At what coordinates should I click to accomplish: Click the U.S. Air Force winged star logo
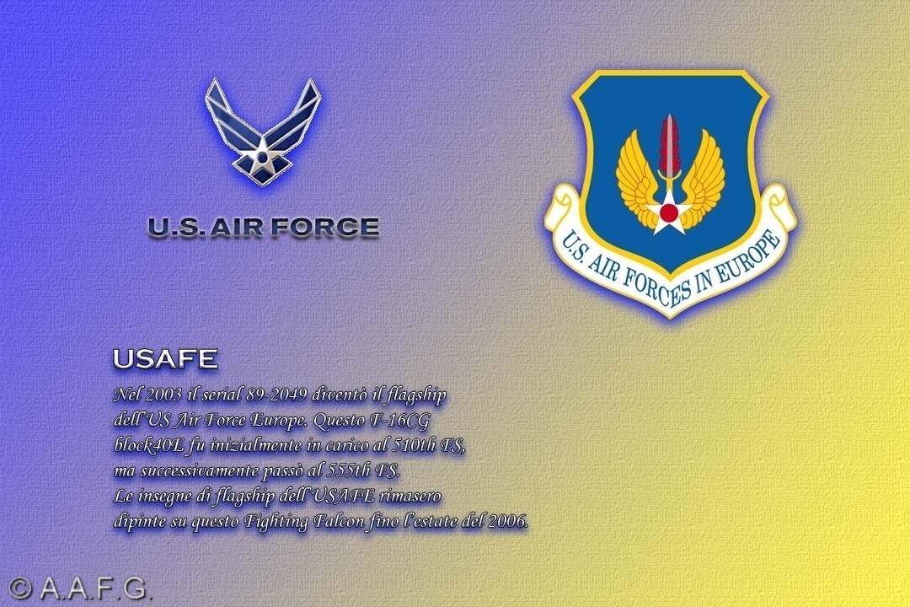[x=262, y=132]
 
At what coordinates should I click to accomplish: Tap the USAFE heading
[x=165, y=358]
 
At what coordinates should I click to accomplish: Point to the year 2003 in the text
[x=163, y=395]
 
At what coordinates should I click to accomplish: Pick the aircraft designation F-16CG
[x=400, y=420]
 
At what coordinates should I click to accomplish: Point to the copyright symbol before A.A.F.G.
[x=19, y=588]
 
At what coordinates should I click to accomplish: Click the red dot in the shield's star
[x=668, y=213]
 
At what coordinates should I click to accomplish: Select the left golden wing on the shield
[x=637, y=180]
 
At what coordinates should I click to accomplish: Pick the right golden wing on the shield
[x=701, y=180]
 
